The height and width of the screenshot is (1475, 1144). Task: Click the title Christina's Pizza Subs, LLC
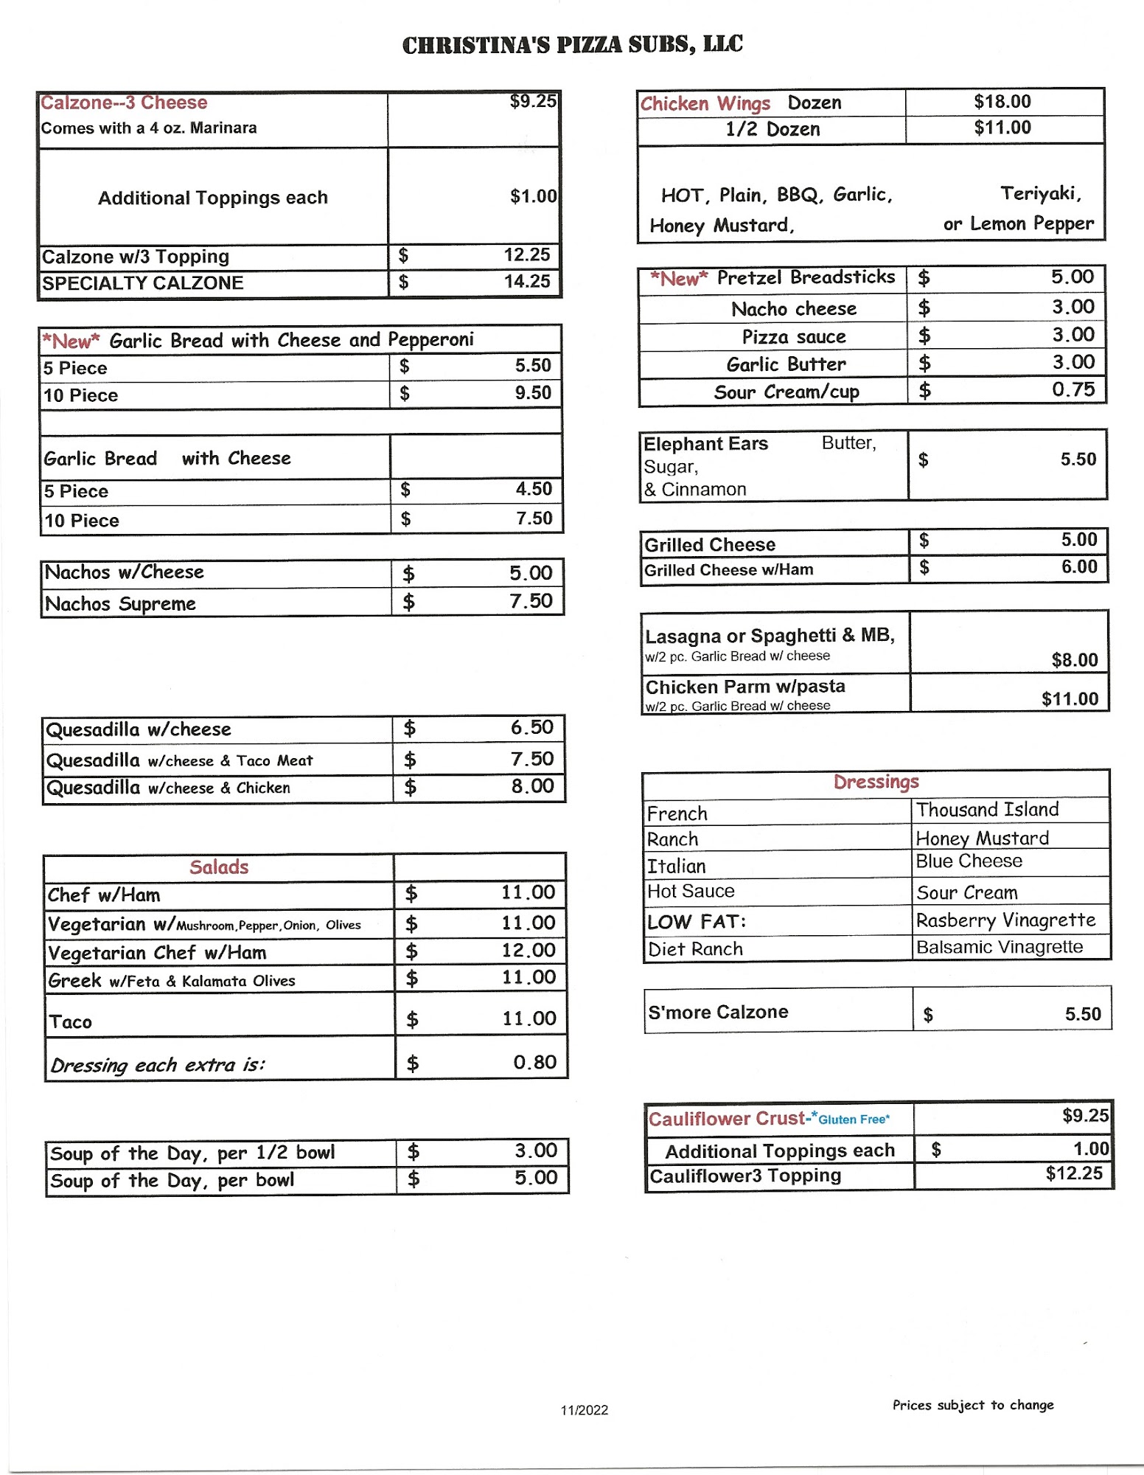click(572, 45)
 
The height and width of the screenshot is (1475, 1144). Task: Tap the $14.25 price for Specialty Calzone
click(526, 282)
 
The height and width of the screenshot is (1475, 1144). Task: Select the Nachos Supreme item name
click(120, 604)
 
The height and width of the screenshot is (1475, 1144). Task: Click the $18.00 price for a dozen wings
click(1002, 102)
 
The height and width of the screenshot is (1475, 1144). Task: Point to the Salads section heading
click(219, 867)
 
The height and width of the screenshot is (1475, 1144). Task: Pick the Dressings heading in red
click(876, 782)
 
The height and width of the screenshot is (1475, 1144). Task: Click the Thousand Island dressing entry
click(987, 810)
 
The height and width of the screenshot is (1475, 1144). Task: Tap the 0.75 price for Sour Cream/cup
click(1072, 390)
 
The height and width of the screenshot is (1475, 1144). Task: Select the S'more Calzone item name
click(718, 1012)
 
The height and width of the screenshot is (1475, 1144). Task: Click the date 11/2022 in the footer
click(584, 1410)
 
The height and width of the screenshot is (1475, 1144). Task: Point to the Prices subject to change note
click(973, 1405)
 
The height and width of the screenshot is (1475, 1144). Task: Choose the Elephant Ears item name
click(705, 444)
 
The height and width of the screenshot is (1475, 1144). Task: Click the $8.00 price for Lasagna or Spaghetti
click(1074, 660)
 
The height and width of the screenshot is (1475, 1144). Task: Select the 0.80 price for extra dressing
click(534, 1062)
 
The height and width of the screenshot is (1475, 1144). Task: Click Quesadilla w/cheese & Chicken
click(168, 788)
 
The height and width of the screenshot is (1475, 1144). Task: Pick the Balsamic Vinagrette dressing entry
click(999, 947)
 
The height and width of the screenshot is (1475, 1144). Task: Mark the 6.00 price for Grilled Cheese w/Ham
click(1078, 567)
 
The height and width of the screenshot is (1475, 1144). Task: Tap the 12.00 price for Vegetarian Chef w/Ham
click(528, 951)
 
